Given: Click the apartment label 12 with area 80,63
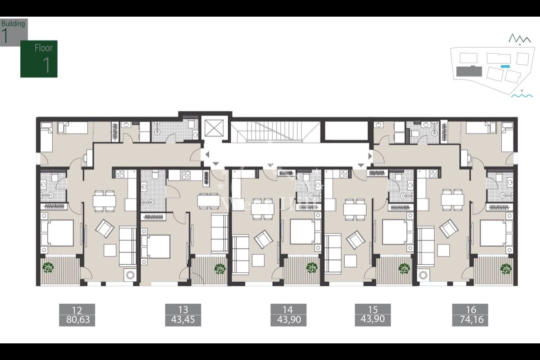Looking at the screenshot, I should pos(77,315).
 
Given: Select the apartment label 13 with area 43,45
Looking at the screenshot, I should pos(183,315).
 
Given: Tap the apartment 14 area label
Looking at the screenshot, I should pos(288,315).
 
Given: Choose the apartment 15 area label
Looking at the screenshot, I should pos(372,315).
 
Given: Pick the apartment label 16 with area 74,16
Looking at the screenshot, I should pos(470,315).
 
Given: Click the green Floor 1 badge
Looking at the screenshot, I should pos(39,59).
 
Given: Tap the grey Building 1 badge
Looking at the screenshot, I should pos(13,31).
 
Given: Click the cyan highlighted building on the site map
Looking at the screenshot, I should pos(505,66).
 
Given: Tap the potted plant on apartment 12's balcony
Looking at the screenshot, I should pos(48,268).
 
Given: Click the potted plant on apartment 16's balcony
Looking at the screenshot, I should pos(506,269).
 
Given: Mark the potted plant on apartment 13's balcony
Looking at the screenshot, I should pos(220,269).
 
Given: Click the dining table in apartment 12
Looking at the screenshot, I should pos(104,201).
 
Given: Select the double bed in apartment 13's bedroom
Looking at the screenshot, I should pos(155,247).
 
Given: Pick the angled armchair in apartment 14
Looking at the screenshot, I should pos(263,238).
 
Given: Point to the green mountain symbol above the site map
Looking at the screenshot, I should pos(519,39).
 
